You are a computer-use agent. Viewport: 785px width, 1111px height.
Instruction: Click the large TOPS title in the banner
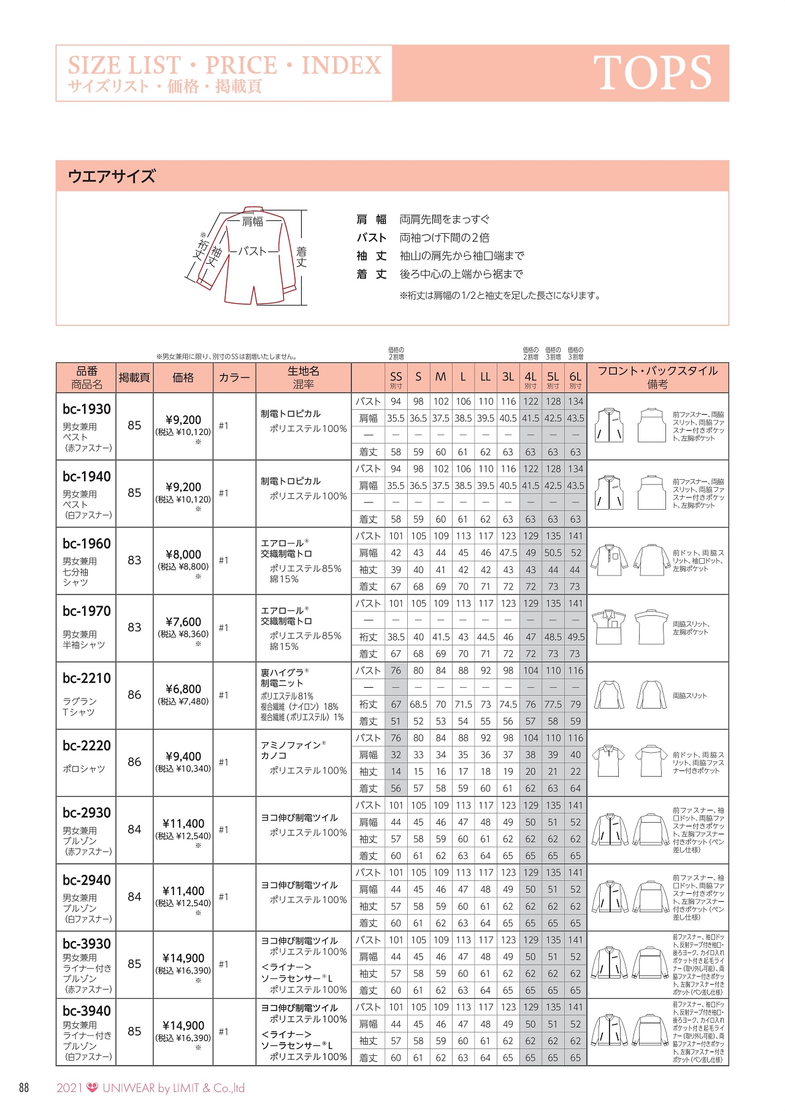(x=652, y=73)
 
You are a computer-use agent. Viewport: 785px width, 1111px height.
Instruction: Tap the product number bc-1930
(x=86, y=409)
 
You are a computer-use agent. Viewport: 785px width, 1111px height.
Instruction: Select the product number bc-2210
(x=86, y=679)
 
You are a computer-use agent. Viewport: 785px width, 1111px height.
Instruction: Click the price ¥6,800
(x=183, y=689)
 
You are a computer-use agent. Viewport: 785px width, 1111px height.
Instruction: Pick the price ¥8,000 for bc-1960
(x=183, y=555)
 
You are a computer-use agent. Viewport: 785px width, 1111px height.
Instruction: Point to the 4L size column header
(x=530, y=377)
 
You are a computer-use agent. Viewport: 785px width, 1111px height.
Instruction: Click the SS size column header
(x=396, y=377)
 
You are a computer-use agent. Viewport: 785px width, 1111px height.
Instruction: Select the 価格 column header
(x=183, y=378)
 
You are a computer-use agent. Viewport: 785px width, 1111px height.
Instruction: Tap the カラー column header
(x=234, y=378)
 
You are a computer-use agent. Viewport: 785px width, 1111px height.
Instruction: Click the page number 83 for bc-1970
(x=134, y=627)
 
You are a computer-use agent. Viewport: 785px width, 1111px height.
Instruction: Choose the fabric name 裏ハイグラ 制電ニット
(x=285, y=678)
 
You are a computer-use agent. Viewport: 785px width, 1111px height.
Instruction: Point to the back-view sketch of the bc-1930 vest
(x=651, y=425)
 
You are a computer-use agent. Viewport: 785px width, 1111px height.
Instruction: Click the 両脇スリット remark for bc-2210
(x=689, y=696)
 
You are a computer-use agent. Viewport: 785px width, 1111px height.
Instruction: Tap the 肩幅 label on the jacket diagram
(x=253, y=221)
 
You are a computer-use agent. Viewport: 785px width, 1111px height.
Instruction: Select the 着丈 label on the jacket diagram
(x=301, y=256)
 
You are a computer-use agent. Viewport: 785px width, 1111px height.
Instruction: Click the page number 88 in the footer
(x=24, y=1088)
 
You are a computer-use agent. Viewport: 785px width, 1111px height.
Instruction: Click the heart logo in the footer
(x=93, y=1088)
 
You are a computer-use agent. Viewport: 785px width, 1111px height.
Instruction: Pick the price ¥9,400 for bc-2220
(x=183, y=756)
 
